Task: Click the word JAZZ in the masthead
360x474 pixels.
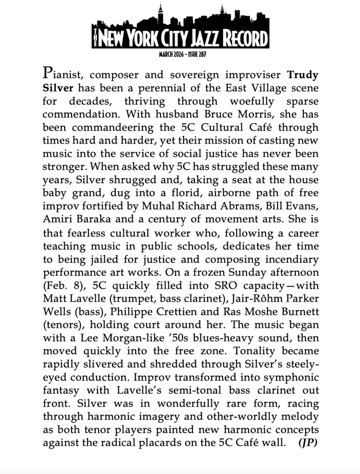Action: pyautogui.click(x=202, y=39)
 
